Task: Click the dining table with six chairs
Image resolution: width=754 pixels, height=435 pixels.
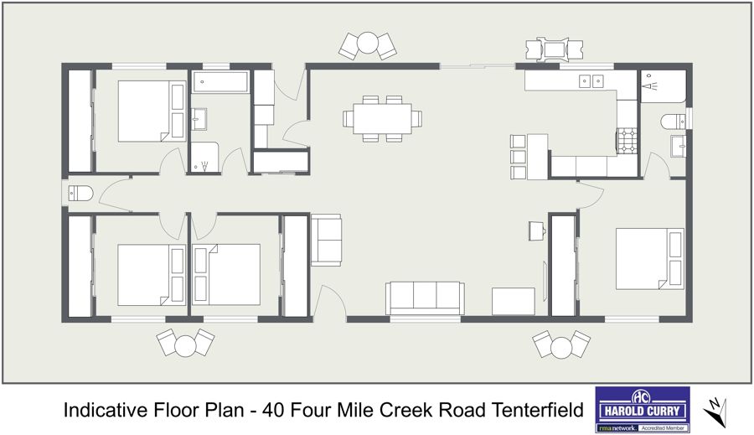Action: (x=382, y=118)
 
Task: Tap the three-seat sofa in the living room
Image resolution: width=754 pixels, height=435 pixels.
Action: (x=425, y=298)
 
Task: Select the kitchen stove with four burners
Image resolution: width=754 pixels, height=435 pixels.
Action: (x=627, y=141)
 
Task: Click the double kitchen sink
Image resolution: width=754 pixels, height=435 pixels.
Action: (x=591, y=80)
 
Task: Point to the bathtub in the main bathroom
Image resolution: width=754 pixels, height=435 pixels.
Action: (x=220, y=82)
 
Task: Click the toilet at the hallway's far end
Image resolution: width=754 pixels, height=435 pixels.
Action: (x=80, y=194)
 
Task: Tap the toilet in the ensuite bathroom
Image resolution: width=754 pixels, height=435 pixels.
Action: (x=674, y=122)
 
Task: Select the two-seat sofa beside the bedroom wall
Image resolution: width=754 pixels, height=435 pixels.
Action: (x=326, y=240)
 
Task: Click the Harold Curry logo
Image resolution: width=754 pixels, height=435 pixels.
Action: (x=643, y=409)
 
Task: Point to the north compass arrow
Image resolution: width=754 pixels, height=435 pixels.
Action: (x=715, y=412)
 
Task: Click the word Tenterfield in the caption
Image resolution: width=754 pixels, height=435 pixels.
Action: (x=537, y=410)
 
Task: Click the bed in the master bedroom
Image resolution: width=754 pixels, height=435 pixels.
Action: (x=649, y=259)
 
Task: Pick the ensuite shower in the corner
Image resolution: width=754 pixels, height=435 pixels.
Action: (x=664, y=86)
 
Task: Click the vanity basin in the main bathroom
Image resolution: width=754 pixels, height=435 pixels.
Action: (x=199, y=119)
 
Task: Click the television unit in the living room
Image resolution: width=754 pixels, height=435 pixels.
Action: (x=513, y=301)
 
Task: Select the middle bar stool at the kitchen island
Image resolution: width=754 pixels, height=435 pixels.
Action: (x=519, y=157)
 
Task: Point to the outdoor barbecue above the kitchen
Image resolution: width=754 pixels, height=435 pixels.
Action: (x=555, y=49)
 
